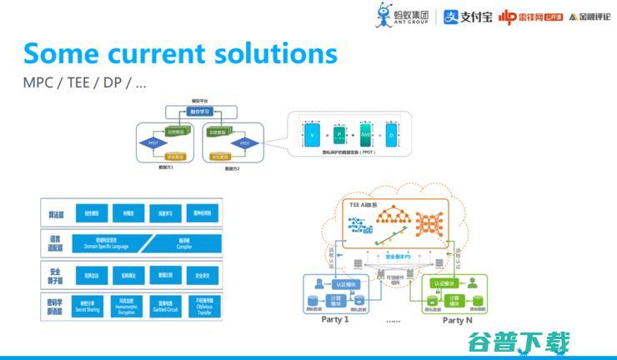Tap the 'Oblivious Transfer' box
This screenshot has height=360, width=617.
pyautogui.click(x=201, y=305)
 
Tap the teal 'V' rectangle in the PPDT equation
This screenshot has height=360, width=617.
pyautogui.click(x=312, y=134)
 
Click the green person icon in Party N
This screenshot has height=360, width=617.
pyautogui.click(x=472, y=283)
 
